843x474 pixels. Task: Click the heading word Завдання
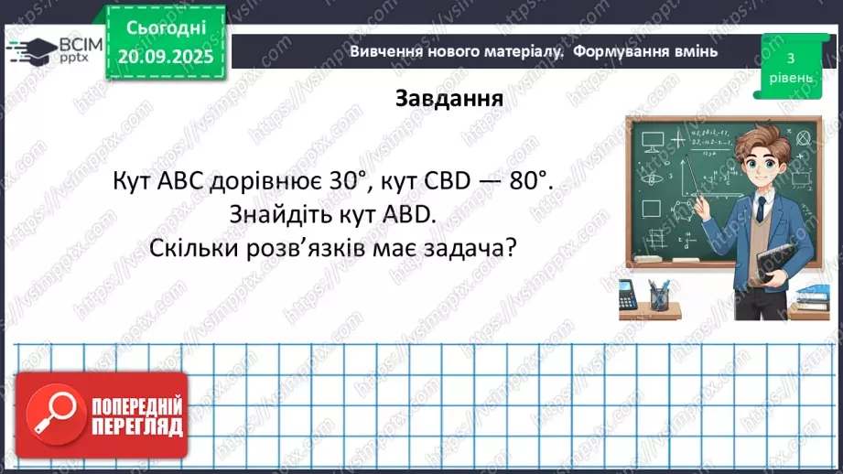(x=449, y=98)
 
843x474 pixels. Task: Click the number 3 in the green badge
(x=789, y=58)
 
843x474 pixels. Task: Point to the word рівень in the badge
(x=789, y=78)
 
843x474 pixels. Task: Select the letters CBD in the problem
(x=437, y=181)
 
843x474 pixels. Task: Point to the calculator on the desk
(x=629, y=296)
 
